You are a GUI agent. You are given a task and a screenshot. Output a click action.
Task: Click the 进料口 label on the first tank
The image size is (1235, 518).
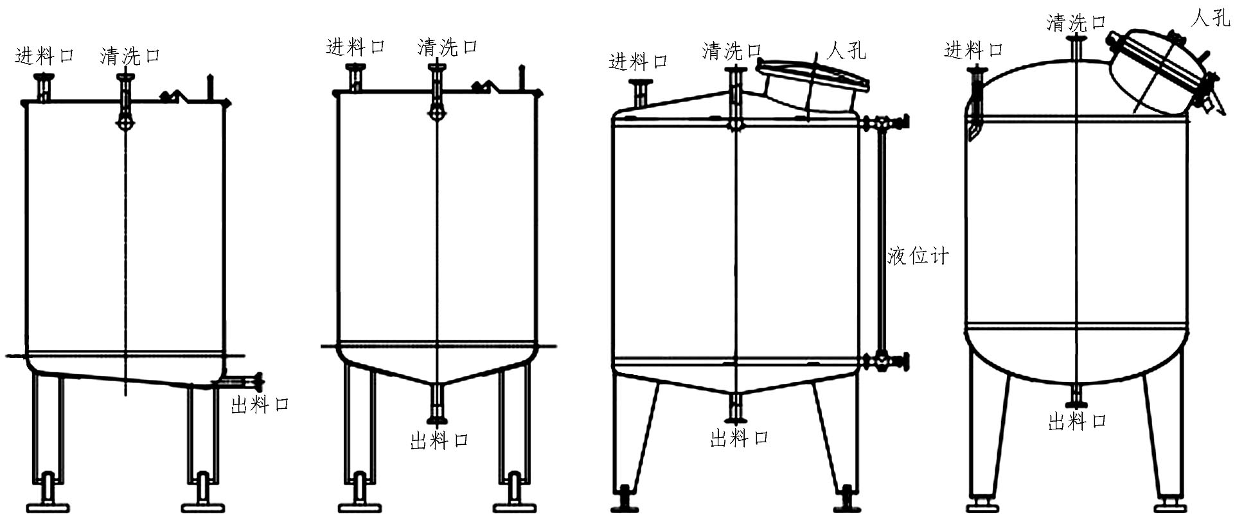[x=44, y=56]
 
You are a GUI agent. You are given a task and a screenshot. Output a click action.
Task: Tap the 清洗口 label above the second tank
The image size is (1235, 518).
[x=447, y=47]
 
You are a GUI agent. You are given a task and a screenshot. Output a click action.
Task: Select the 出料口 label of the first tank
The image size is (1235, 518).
[x=260, y=405]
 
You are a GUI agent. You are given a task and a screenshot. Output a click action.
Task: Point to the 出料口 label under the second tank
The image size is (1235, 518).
[x=440, y=441]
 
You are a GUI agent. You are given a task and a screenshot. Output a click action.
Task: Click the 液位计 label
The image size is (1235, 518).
[x=918, y=256]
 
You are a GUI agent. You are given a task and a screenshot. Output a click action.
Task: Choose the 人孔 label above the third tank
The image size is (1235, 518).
[x=846, y=50]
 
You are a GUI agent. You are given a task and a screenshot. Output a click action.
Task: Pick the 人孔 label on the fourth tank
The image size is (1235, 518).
[x=1210, y=18]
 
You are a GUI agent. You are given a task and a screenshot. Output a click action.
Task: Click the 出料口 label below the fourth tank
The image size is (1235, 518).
[x=1077, y=422]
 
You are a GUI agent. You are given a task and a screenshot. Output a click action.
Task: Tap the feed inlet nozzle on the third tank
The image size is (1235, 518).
[x=640, y=93]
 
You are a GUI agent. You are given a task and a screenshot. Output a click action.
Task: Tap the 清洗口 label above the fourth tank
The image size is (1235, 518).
[x=1076, y=22]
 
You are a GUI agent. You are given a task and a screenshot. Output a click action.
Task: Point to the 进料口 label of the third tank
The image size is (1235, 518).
[x=638, y=62]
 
